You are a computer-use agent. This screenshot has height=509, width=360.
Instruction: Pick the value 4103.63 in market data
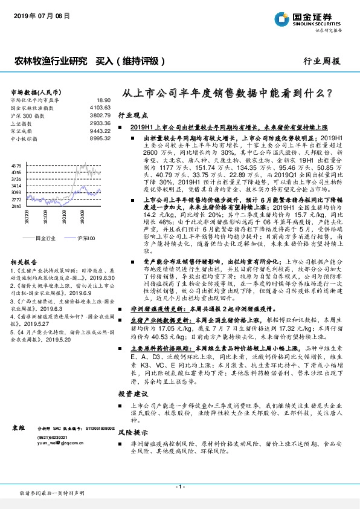(x=101, y=106)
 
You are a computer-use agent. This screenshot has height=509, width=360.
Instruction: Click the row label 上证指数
(x=23, y=122)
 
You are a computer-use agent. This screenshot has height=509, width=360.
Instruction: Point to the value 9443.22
(x=101, y=130)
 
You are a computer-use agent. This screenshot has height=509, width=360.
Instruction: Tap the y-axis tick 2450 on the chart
(x=16, y=207)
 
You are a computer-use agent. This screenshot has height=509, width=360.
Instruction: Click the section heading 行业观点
(x=132, y=114)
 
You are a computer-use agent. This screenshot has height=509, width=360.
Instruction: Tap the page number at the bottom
(x=179, y=487)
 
